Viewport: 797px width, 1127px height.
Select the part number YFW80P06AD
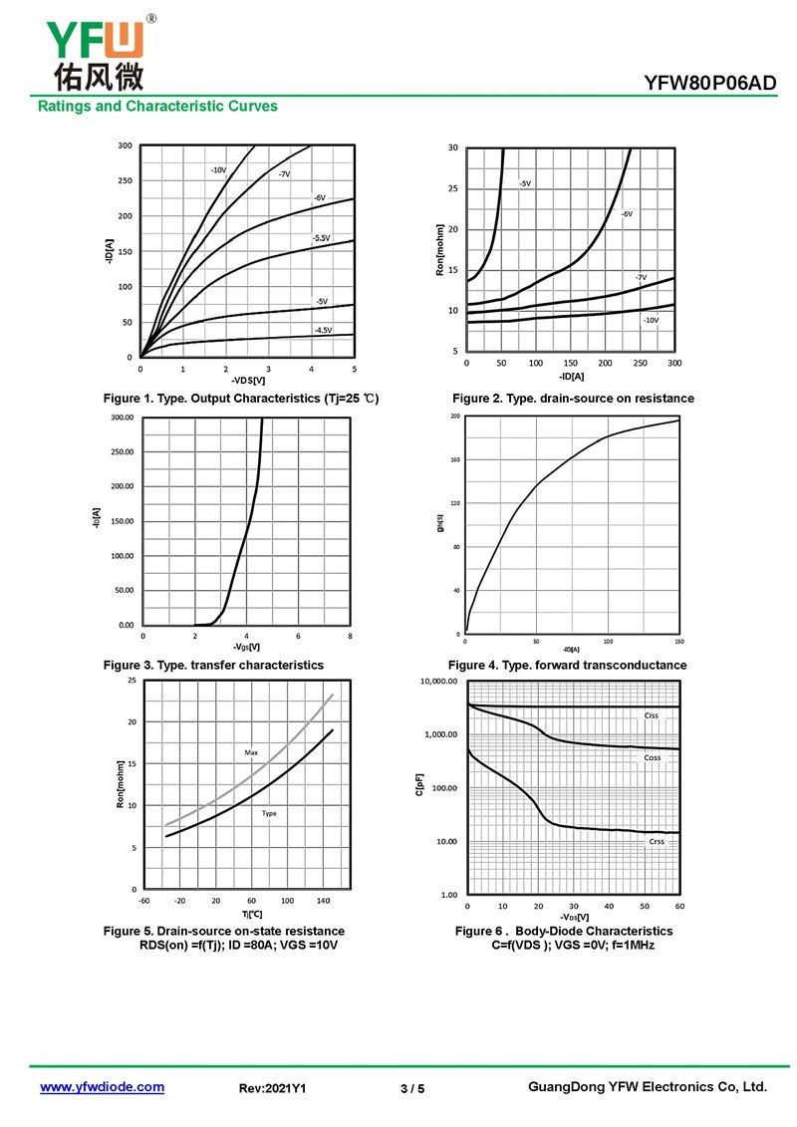711,84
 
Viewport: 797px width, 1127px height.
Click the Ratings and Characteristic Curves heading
157,106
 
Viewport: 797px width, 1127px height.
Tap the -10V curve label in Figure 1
218,170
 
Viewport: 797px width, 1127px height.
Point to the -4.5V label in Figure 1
323,330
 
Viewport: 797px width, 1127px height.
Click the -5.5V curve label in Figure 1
321,238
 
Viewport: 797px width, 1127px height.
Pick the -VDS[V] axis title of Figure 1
248,381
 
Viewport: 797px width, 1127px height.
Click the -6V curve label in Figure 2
627,214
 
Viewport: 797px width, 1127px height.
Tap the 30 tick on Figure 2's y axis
453,147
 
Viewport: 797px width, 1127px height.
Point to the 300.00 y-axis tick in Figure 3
122,418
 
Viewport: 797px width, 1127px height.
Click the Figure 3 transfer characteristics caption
213,665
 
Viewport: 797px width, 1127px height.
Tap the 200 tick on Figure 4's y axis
455,416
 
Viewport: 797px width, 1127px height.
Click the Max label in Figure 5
251,752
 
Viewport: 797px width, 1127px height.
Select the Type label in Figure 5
269,813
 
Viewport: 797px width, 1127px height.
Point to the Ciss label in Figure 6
652,715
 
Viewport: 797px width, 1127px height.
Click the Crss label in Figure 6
657,841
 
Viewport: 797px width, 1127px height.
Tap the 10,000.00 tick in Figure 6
438,683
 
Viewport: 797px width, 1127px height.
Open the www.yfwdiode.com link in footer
102,1087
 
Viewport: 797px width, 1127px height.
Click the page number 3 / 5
412,1088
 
